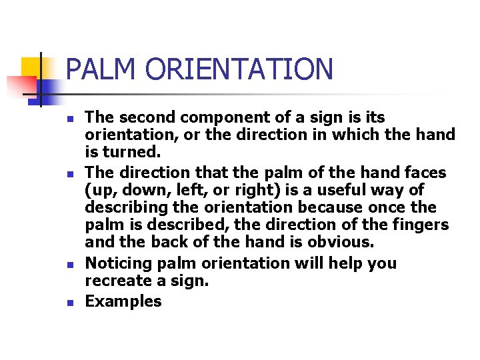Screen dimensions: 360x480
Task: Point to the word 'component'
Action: click(226, 117)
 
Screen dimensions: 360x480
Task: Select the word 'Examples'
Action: click(123, 301)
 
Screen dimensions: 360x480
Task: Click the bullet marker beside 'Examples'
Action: click(70, 302)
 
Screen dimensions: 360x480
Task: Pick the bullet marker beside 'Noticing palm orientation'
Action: click(70, 265)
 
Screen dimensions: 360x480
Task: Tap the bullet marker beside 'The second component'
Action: click(70, 119)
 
